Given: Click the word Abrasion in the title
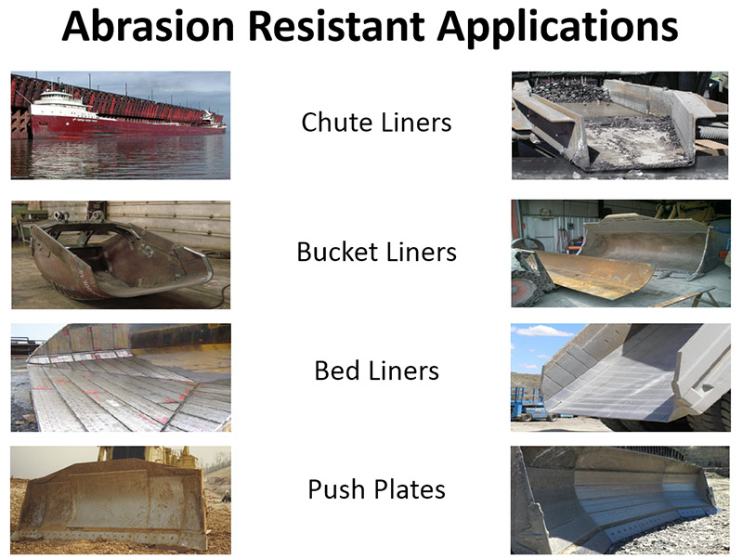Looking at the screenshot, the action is [x=149, y=26].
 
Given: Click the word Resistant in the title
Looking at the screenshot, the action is [x=336, y=26].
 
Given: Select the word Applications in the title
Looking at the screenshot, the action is [x=558, y=29].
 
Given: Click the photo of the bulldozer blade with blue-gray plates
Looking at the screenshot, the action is [x=620, y=500].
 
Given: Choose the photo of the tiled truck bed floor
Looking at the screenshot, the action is [x=121, y=378].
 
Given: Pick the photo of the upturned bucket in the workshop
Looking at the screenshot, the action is [x=121, y=254].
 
